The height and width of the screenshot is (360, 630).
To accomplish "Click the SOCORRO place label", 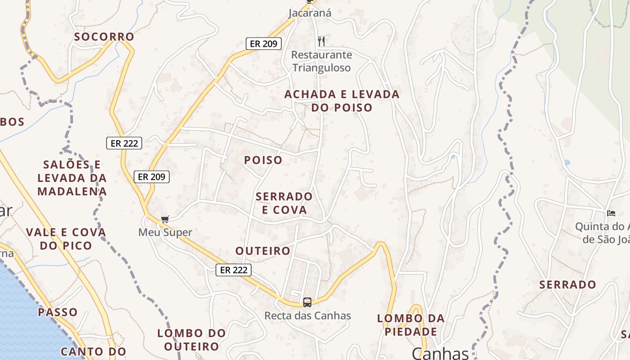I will click(x=104, y=36).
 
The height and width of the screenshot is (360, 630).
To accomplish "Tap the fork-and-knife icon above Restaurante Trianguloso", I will click(x=321, y=41).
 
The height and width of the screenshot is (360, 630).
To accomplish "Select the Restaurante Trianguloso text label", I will click(x=321, y=61).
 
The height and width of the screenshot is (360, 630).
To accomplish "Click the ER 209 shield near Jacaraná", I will click(x=264, y=44).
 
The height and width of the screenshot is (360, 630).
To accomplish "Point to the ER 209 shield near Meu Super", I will click(x=152, y=177).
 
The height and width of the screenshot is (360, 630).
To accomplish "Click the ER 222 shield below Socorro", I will click(x=124, y=143).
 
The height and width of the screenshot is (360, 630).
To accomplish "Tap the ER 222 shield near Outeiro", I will click(x=233, y=270).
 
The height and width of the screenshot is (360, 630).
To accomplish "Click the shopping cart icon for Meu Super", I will click(x=165, y=219).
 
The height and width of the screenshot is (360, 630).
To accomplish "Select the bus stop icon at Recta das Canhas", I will click(x=307, y=302).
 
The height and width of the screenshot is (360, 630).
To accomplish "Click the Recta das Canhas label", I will click(x=307, y=315).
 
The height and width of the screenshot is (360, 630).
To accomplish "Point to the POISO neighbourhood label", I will click(x=263, y=160).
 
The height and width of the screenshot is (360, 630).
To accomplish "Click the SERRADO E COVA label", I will click(x=284, y=203).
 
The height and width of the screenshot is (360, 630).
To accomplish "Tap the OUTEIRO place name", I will click(x=263, y=251).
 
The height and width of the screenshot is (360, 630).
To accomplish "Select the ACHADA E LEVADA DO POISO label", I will click(x=342, y=101).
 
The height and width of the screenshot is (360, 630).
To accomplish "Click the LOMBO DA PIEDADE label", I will click(x=410, y=325).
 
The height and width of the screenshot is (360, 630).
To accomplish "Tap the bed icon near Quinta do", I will click(x=611, y=213).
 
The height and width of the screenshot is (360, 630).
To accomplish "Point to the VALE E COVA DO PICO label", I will click(x=66, y=239).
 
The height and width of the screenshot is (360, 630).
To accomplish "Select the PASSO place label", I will click(x=58, y=312).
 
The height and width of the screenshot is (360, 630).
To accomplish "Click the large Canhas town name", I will click(x=440, y=353).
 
